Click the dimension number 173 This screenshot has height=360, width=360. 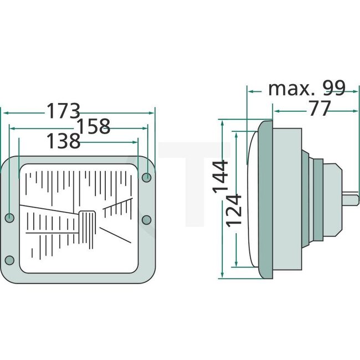pos(63,111)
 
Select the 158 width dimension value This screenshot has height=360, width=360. pos(93,126)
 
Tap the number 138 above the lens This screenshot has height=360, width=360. pos(63,141)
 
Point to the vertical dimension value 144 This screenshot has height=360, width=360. pos(220,176)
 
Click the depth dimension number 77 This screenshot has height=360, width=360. pos(320,109)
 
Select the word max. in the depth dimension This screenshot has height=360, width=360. pos(286,88)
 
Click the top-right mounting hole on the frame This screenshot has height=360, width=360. pos(147,177)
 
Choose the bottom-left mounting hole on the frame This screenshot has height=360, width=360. pos(9,260)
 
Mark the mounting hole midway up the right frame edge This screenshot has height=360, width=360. pos(146,220)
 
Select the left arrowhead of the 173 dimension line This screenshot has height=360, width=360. pos(4,112)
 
